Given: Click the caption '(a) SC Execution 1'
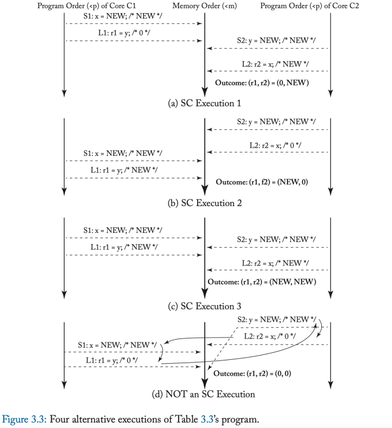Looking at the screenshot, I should click(204, 103).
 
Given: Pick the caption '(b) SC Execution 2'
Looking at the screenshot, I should click(204, 203).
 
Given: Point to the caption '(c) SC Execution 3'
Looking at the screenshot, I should click(204, 306).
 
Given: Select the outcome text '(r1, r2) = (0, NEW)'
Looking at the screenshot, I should click(283, 82).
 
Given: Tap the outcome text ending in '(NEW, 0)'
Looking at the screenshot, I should click(262, 182).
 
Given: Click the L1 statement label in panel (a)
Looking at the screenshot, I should click(98, 33).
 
